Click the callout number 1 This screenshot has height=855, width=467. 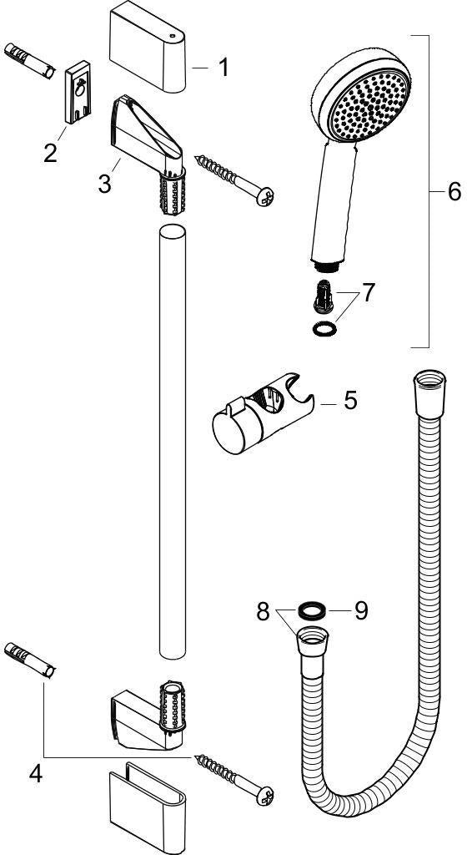coord(223,68)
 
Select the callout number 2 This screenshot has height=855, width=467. coord(50,153)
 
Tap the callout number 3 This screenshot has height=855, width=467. coord(105,183)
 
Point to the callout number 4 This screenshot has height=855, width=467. coord(35,774)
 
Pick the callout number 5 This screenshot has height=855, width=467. coord(350,400)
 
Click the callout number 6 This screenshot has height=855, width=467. coord(454,191)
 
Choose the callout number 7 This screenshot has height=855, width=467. coord(369,292)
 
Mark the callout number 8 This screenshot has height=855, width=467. coord(264,611)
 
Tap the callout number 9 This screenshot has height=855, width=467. coord(361,611)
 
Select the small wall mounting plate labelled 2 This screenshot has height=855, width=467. coord(78,91)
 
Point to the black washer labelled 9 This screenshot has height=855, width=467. coord(312,610)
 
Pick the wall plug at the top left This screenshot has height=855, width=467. coord(29,61)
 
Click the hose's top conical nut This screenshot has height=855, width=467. coord(429,394)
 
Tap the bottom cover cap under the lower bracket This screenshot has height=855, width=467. coord(148,807)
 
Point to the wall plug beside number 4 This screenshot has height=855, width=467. coord(29,660)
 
